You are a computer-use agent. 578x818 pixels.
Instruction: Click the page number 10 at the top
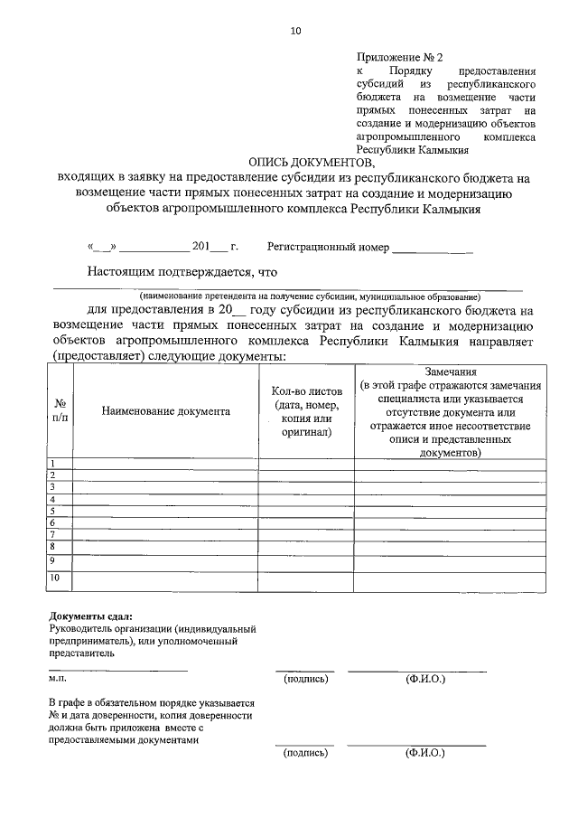295,32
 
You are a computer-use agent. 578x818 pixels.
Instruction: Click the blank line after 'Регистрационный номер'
433,248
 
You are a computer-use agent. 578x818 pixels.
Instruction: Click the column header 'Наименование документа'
165,410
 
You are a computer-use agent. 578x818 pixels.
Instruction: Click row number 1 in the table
53,464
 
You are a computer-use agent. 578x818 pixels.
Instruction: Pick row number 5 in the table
53,511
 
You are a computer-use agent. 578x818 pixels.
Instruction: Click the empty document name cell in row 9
165,560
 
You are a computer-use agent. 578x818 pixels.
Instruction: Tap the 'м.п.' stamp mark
58,677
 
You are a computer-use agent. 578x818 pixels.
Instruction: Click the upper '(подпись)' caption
305,677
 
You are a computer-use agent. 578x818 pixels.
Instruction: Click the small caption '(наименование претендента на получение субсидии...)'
310,296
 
